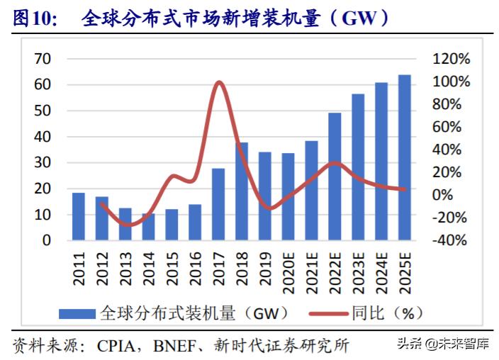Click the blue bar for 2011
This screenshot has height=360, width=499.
[x=78, y=216]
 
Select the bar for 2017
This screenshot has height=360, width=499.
[x=218, y=204]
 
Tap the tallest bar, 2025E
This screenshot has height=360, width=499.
[x=405, y=157]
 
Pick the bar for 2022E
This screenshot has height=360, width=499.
[x=335, y=176]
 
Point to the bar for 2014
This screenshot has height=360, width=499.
[x=148, y=227]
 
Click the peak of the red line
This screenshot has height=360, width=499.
[x=219, y=83]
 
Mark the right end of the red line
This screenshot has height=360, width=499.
[x=405, y=189]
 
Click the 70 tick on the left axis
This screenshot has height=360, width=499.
[x=43, y=59]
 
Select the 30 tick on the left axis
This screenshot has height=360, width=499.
[x=43, y=163]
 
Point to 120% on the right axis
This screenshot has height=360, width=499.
[x=451, y=59]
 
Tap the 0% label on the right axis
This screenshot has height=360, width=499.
[x=442, y=195]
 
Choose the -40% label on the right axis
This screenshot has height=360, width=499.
[x=449, y=240]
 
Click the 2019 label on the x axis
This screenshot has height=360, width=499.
[x=265, y=269]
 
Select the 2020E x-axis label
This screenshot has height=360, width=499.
[x=288, y=273]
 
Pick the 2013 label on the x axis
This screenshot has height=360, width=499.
[x=125, y=269]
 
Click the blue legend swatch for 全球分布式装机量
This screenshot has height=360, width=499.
[x=77, y=314]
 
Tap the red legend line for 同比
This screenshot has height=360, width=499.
[x=328, y=314]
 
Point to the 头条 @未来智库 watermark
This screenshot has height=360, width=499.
[x=443, y=344]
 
